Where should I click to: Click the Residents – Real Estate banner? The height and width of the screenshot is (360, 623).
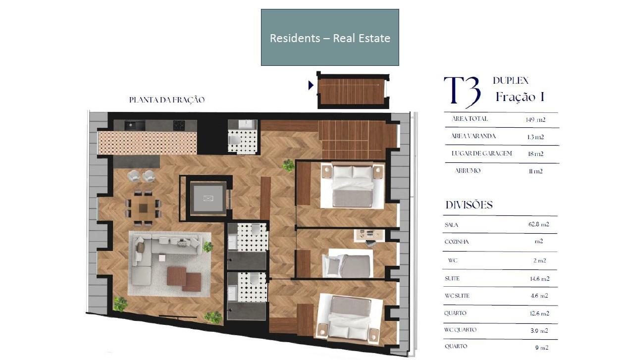click(x=330, y=37)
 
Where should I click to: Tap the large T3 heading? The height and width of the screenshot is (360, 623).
click(x=462, y=92)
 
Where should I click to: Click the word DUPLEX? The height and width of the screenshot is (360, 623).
click(x=511, y=80)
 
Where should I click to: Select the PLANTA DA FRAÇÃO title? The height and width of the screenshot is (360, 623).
click(x=167, y=100)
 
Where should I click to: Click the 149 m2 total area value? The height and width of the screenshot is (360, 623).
click(x=535, y=120)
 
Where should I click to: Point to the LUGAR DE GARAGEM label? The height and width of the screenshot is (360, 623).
click(x=482, y=154)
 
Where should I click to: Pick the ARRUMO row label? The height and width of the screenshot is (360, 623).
click(x=467, y=170)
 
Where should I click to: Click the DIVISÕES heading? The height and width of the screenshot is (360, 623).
click(x=469, y=205)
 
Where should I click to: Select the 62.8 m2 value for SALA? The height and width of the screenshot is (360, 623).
click(x=539, y=224)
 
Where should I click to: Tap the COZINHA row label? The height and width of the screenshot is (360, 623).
click(x=457, y=242)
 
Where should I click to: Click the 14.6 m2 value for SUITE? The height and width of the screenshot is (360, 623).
click(x=540, y=278)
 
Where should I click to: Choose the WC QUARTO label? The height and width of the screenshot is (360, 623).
click(x=460, y=330)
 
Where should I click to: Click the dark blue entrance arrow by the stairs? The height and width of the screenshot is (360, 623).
click(x=311, y=85)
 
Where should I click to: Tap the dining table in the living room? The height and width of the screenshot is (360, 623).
click(x=143, y=207)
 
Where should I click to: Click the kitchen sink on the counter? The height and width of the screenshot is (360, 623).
click(x=135, y=125)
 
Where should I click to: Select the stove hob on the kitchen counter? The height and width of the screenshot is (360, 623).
click(x=179, y=125)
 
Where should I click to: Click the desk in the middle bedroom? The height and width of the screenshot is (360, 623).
click(x=369, y=236)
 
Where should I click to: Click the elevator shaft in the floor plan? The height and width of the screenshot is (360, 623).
click(x=208, y=198)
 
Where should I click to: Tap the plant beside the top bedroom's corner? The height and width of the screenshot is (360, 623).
click(x=288, y=165)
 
